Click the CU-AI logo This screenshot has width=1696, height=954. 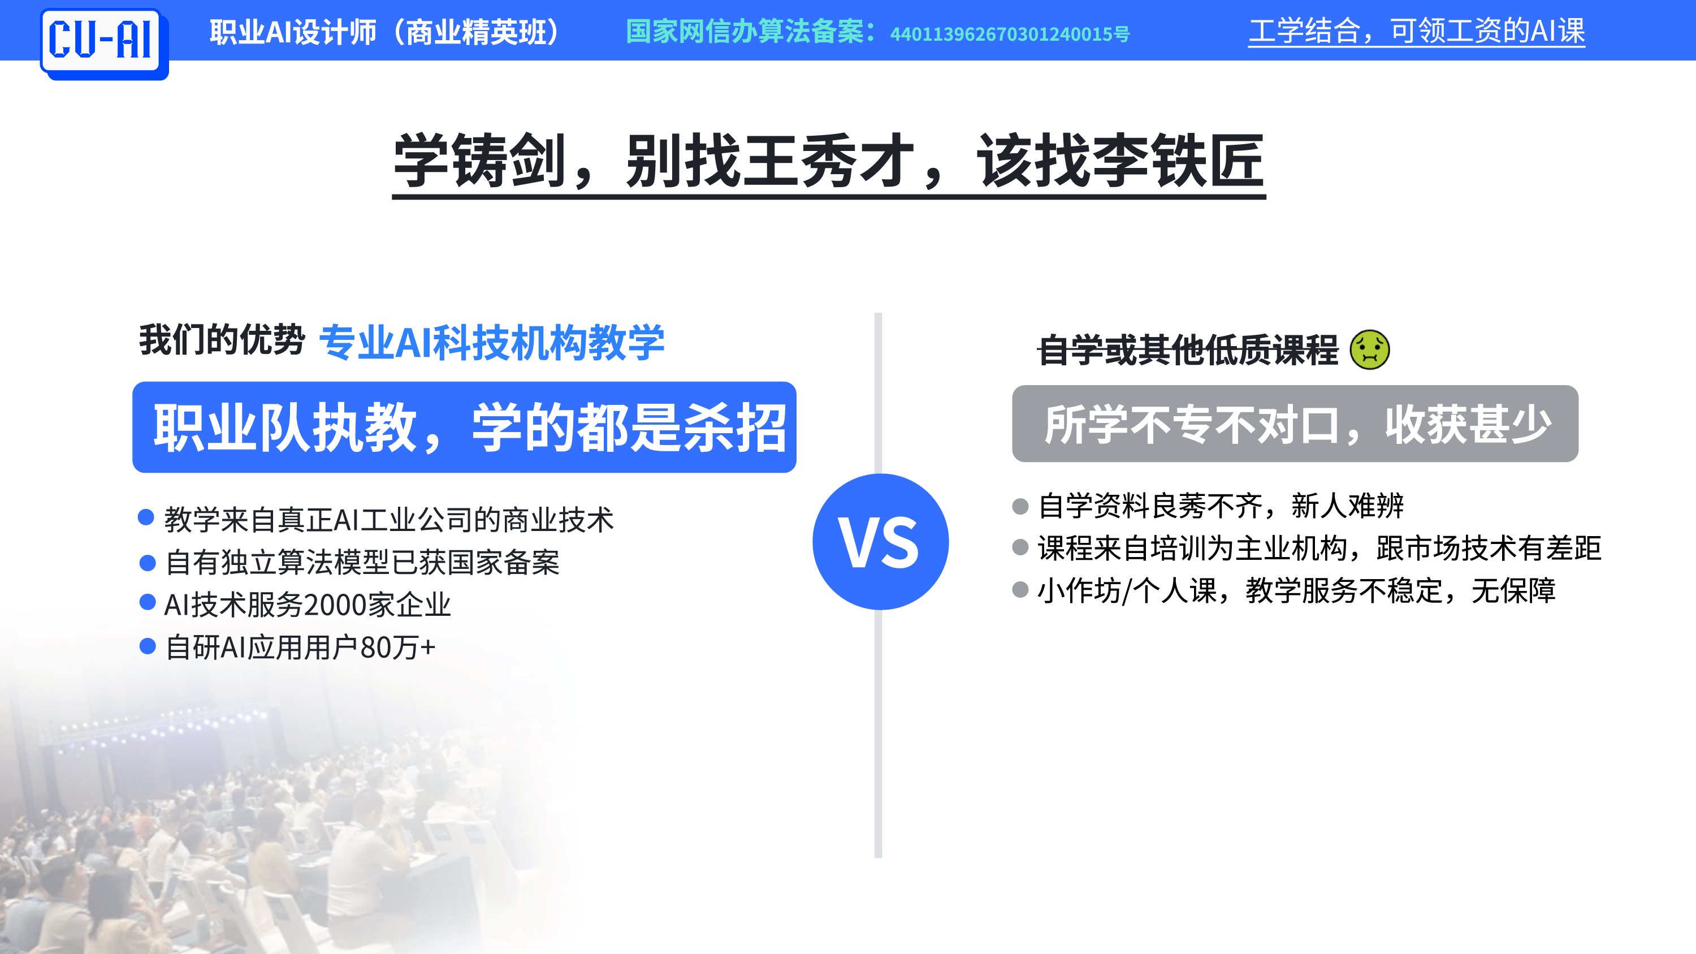coord(104,44)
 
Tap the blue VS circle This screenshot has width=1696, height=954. coord(880,542)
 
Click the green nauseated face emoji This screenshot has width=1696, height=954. coord(1369,349)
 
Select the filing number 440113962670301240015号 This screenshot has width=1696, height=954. coord(1009,33)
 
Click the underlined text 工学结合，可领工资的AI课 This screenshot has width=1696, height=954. coord(1417,31)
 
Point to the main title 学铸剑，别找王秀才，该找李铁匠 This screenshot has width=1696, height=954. coord(829,161)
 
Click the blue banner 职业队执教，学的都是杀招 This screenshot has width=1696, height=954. coord(464,428)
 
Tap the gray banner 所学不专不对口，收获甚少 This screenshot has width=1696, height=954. coord(1295,424)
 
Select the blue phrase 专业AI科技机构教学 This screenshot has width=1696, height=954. coord(492,342)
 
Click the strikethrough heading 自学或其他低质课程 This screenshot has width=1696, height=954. coord(1188,349)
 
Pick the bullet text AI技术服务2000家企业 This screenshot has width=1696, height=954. coord(308,605)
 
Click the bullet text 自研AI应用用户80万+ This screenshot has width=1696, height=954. coord(300,647)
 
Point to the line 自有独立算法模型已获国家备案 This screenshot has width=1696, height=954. coord(362,562)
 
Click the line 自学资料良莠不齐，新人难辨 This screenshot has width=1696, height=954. coord(1221,506)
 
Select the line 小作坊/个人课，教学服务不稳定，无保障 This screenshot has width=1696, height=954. coord(1296,590)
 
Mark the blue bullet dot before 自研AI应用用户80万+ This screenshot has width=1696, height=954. coord(148,646)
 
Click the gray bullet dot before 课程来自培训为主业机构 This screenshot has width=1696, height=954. coord(1020,547)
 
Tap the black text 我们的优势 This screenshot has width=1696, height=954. coord(222,340)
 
